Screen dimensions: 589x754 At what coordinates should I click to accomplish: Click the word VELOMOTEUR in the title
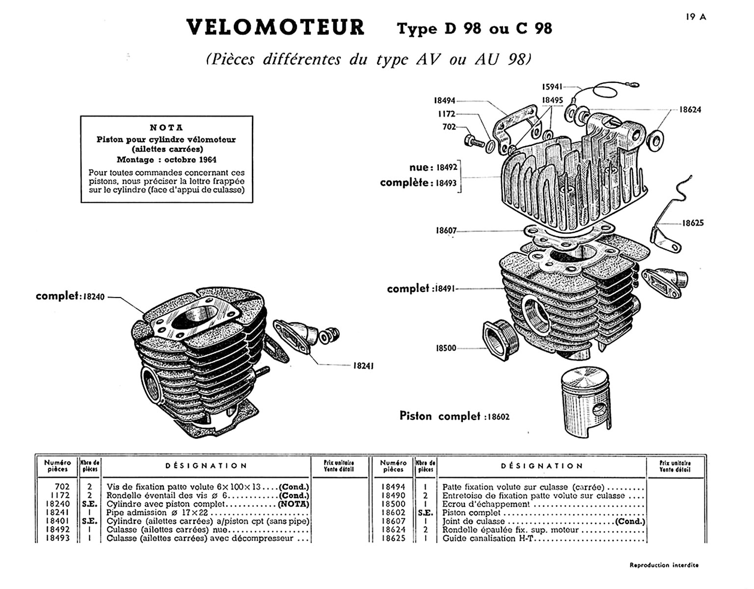[x=275, y=27]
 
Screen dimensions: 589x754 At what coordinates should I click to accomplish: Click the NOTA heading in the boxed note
[x=166, y=128]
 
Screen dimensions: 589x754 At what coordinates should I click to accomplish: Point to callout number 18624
[x=690, y=109]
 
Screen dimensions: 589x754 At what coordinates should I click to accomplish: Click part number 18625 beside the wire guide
[x=693, y=223]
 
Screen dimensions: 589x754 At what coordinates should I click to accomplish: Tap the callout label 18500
[x=446, y=348]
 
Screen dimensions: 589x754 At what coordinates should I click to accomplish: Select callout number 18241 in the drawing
[x=363, y=366]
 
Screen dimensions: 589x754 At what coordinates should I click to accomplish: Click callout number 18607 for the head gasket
[x=446, y=230]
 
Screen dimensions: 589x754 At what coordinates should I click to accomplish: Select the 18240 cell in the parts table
[x=57, y=504]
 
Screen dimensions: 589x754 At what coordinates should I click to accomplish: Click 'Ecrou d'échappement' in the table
[x=486, y=504]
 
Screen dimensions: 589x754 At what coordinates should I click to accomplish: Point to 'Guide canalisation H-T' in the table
[x=487, y=538]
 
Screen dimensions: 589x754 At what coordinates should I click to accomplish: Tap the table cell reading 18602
[x=393, y=512]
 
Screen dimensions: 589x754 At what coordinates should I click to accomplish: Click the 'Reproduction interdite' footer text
[x=664, y=565]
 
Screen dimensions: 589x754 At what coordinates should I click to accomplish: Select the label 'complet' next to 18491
[x=408, y=289]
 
